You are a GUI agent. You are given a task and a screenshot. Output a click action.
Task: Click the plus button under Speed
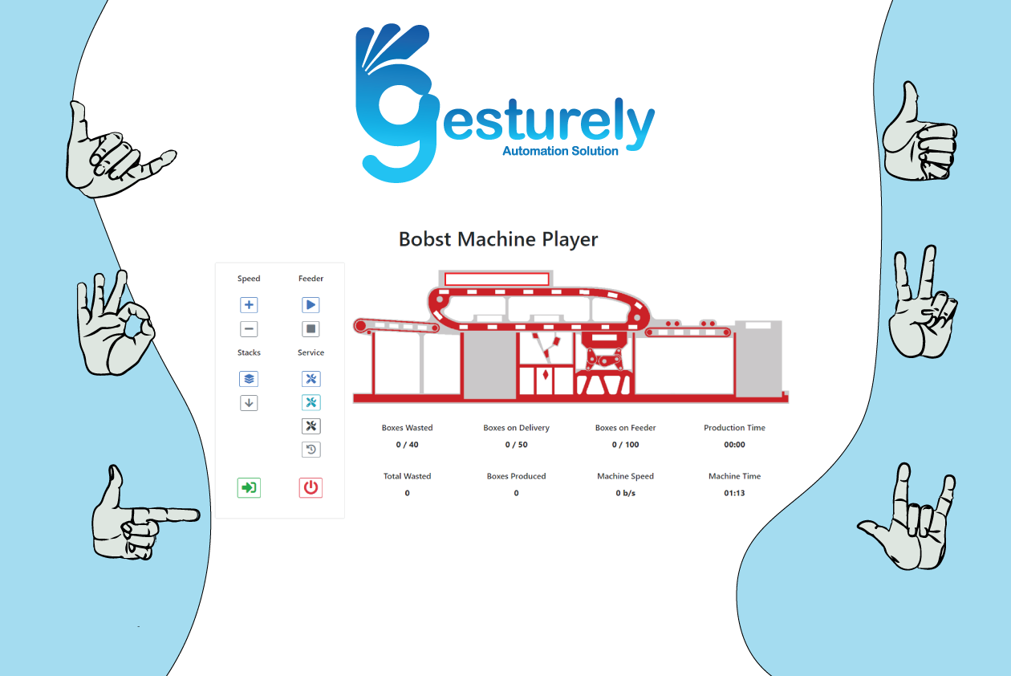(x=249, y=305)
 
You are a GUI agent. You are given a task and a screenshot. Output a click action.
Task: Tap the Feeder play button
(x=311, y=305)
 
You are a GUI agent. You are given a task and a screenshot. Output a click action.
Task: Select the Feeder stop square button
(x=311, y=329)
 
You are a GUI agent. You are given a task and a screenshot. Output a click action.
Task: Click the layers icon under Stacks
(x=249, y=379)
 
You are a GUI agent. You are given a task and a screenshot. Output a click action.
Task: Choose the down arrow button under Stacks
(x=249, y=403)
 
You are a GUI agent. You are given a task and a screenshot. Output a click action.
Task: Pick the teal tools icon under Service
(x=311, y=403)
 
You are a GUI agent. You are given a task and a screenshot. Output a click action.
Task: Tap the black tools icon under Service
(x=311, y=426)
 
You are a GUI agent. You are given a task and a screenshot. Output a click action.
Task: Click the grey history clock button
(x=311, y=450)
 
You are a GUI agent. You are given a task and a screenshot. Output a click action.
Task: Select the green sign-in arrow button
(x=249, y=487)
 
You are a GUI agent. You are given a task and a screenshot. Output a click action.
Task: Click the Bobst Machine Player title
(x=498, y=239)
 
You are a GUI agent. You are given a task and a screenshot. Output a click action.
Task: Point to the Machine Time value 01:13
(x=734, y=493)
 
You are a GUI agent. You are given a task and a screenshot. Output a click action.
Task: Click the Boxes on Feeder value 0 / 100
(x=625, y=445)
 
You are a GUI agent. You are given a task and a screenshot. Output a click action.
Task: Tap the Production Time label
(x=734, y=428)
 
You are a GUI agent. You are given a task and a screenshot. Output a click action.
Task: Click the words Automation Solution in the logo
(x=560, y=152)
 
